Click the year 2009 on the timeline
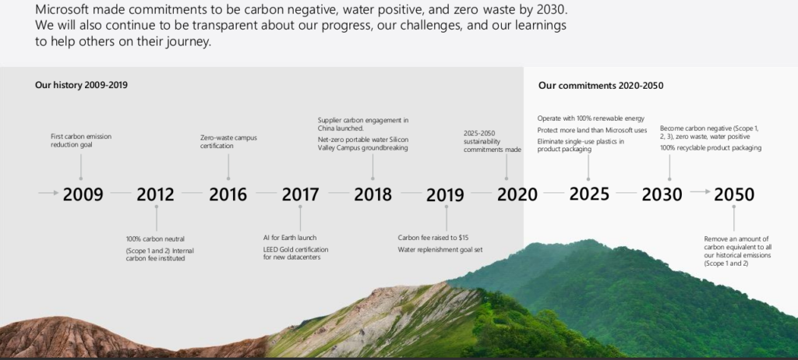tap(83, 194)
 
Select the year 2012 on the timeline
tap(155, 194)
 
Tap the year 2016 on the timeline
tap(228, 194)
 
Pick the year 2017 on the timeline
tap(301, 194)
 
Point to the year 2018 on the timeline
tap(373, 194)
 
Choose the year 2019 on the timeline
tap(445, 195)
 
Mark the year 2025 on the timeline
tap(589, 193)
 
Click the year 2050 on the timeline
tap(734, 194)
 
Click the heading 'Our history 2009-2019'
tap(81, 85)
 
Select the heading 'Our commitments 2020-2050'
tap(601, 86)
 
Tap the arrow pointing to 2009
tap(48, 192)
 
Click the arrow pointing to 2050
tap(701, 192)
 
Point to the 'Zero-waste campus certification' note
tap(228, 142)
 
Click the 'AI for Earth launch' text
tap(290, 238)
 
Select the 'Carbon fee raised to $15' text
tap(433, 238)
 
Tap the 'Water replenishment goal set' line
tap(440, 249)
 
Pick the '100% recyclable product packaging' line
tap(711, 148)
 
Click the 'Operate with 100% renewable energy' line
tap(591, 118)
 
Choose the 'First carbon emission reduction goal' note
tap(81, 140)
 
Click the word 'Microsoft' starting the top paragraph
tap(62, 9)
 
